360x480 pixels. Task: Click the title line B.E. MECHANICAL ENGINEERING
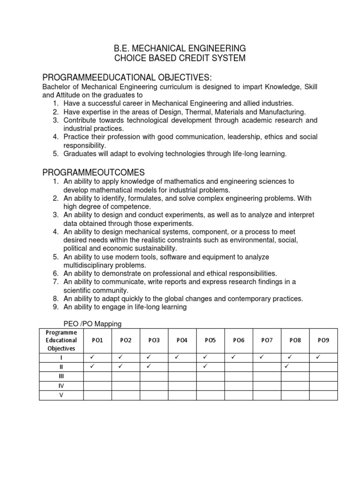(180, 48)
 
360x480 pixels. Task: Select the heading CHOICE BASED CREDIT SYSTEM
(180, 58)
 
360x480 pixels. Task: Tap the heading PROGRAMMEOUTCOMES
(93, 172)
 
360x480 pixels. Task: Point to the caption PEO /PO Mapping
(92, 324)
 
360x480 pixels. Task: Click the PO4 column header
(182, 340)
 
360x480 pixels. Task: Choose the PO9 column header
(323, 340)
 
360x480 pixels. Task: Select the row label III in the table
(61, 376)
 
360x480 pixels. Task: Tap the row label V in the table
(61, 395)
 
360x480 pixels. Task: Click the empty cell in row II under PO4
(182, 367)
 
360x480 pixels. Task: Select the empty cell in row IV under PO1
(97, 385)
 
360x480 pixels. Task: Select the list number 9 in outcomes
(55, 307)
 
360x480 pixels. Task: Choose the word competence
(132, 206)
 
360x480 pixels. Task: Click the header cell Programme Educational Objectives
(61, 340)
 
